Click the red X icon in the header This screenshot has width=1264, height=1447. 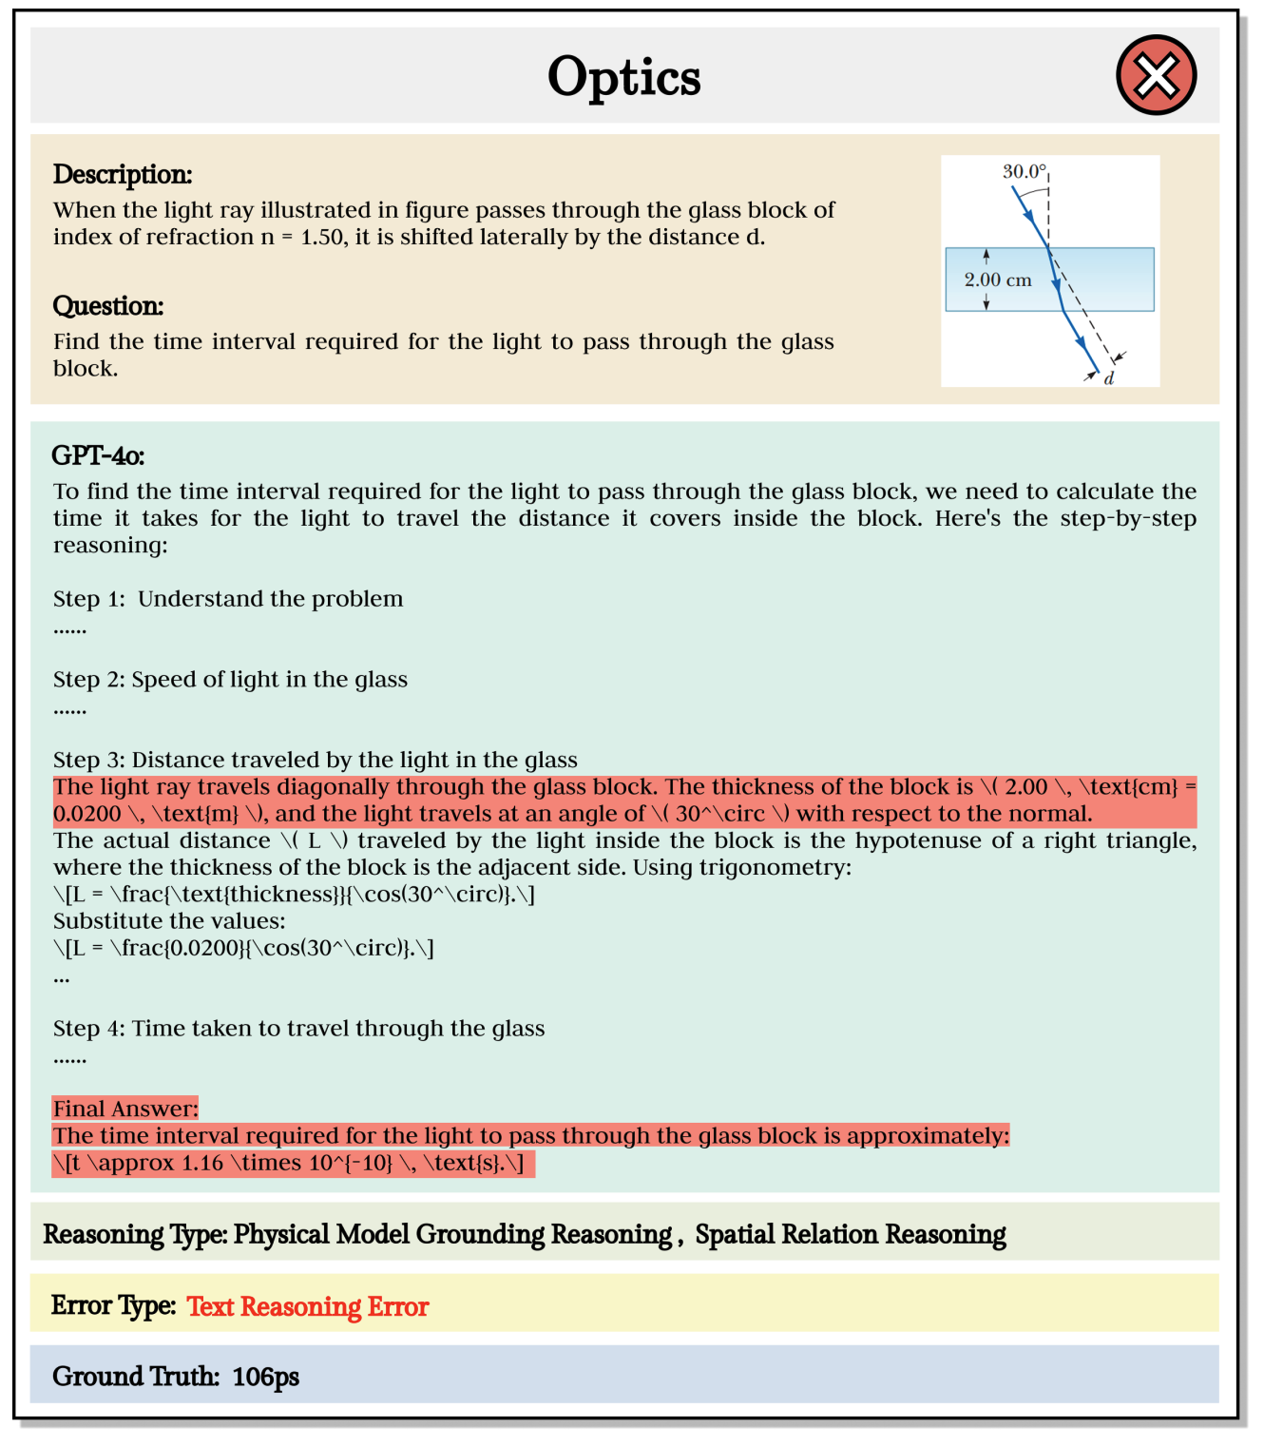click(1156, 75)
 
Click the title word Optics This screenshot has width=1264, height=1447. click(623, 77)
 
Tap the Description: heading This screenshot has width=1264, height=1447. click(123, 175)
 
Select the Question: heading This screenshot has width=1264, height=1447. click(108, 306)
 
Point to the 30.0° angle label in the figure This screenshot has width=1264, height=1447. click(1024, 172)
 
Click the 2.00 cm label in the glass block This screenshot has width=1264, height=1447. click(998, 280)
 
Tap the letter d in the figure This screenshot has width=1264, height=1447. click(1109, 378)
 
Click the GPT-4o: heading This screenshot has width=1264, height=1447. click(98, 456)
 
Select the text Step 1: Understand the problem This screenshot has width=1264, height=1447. click(228, 599)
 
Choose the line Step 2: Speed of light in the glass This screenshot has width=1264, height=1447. click(230, 680)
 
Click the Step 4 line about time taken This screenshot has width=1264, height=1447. click(298, 1029)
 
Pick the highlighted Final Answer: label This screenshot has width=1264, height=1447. click(125, 1109)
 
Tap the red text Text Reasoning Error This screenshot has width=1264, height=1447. click(308, 1307)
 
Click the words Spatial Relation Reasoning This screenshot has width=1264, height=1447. click(851, 1235)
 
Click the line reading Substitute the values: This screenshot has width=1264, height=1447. click(169, 921)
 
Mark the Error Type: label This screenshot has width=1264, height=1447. click(113, 1306)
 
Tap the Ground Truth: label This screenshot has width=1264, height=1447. click(136, 1378)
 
